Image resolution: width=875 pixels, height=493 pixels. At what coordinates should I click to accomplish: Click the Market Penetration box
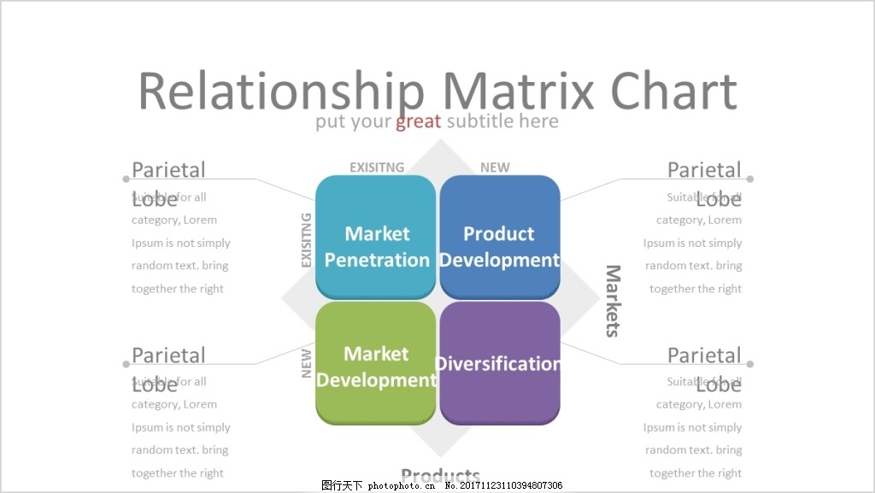tap(376, 237)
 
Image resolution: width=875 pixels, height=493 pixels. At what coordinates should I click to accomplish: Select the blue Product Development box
tap(500, 237)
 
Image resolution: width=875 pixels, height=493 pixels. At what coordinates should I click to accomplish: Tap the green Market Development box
tap(376, 363)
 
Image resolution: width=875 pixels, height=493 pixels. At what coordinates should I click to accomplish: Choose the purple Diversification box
tap(500, 363)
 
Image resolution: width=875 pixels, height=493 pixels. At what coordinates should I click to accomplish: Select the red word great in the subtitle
tap(419, 121)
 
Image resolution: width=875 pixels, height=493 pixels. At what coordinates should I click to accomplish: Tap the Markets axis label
tap(613, 301)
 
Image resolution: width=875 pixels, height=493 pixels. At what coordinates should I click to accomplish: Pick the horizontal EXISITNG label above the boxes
tap(377, 167)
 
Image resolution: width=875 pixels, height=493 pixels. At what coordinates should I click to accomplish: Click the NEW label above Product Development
tap(495, 167)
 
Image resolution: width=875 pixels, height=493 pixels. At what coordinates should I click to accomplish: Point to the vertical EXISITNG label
tap(307, 240)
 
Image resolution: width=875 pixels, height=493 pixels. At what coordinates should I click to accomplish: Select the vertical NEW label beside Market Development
tap(307, 362)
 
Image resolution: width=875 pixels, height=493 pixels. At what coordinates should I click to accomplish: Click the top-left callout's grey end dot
tap(126, 179)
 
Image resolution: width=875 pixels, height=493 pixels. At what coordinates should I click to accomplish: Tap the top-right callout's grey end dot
tap(750, 179)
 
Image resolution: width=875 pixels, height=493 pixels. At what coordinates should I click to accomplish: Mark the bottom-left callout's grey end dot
tap(126, 364)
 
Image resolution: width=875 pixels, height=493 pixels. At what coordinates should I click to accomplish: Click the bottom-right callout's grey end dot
tap(750, 364)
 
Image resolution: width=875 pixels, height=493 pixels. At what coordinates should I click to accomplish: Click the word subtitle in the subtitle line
tap(479, 121)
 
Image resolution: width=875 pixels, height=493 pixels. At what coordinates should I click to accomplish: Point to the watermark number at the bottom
tap(504, 485)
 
